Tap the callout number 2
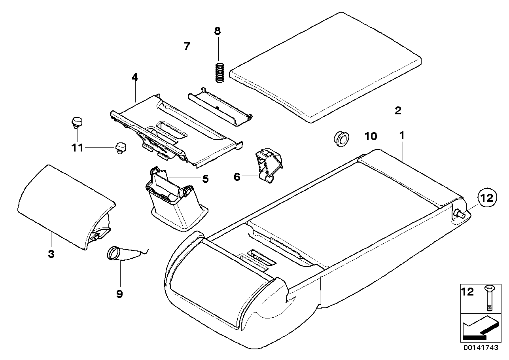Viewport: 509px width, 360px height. point(398,110)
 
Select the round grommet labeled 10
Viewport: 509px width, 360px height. point(341,139)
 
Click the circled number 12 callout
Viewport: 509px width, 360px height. point(487,198)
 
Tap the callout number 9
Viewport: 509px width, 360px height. point(119,294)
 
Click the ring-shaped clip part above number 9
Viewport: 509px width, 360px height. point(114,254)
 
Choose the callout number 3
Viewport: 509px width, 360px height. point(51,254)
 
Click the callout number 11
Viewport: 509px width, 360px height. point(78,148)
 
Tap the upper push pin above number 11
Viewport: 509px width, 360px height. point(76,121)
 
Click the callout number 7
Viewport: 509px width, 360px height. point(187,46)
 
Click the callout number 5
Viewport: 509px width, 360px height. point(205,179)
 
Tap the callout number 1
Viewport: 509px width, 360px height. point(401,136)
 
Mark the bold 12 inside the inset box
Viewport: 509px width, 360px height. point(468,292)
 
